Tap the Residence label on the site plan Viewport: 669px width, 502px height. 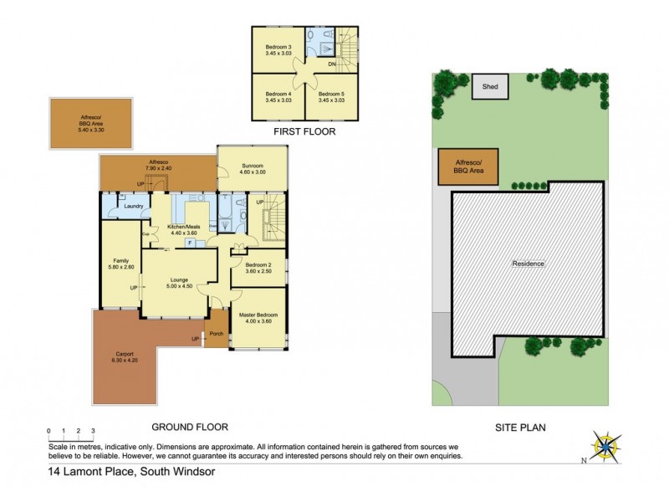coord(529,264)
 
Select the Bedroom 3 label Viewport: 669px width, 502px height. coord(278,46)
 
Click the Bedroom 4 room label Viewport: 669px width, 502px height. coord(278,94)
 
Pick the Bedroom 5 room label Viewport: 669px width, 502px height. coord(331,94)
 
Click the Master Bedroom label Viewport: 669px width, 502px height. coord(258,315)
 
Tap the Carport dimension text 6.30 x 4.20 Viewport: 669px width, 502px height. coord(130,359)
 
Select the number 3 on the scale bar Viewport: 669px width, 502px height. coord(93,431)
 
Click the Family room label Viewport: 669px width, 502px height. coord(120,261)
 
